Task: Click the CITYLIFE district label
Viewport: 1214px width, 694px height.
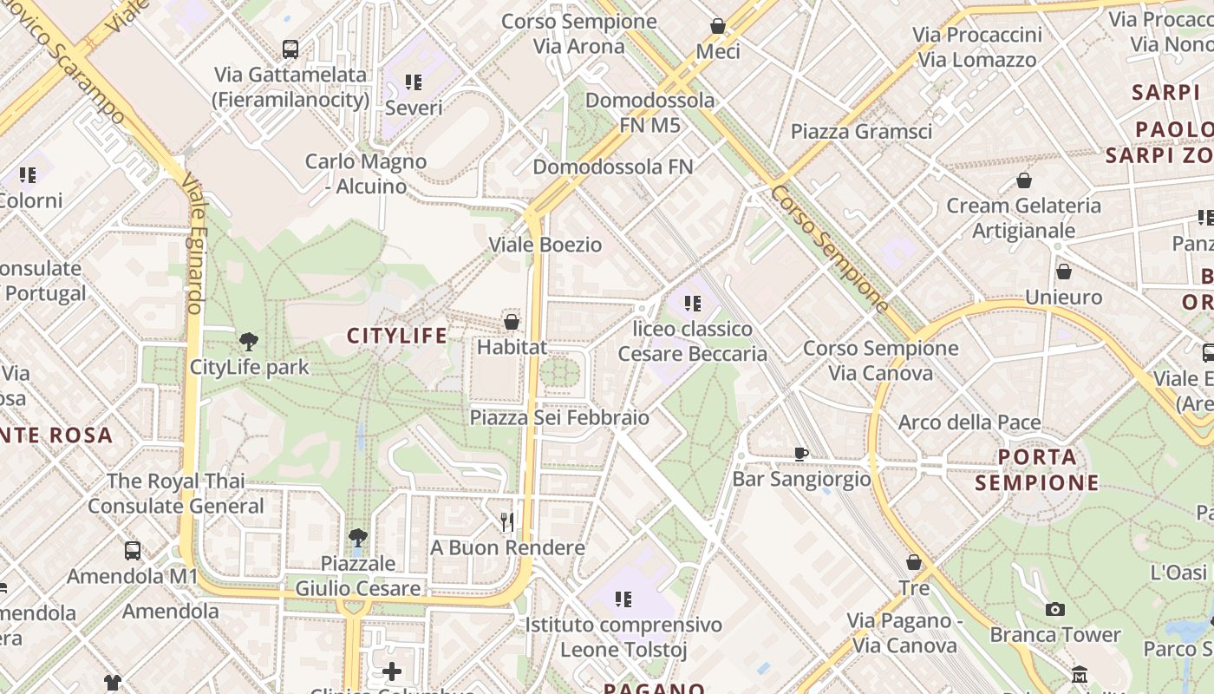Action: pyautogui.click(x=397, y=336)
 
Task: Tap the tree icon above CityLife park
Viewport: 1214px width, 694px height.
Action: pyautogui.click(x=249, y=341)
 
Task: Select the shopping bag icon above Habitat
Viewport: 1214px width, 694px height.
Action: pyautogui.click(x=512, y=322)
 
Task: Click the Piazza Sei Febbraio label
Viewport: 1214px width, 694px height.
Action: pyautogui.click(x=559, y=417)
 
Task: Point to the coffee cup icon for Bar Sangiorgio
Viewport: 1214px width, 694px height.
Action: pyautogui.click(x=801, y=453)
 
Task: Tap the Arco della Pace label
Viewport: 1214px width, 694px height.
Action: pyautogui.click(x=969, y=422)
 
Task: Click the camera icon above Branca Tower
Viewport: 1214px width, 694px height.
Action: pyautogui.click(x=1054, y=609)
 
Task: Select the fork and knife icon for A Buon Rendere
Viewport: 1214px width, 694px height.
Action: pyautogui.click(x=507, y=521)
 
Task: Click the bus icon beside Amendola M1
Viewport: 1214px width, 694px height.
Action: pyautogui.click(x=133, y=550)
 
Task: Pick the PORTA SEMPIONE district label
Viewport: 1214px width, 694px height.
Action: pyautogui.click(x=1037, y=469)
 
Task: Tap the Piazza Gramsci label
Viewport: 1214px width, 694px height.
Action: pyautogui.click(x=861, y=131)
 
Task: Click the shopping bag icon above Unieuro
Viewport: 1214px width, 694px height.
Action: pyautogui.click(x=1063, y=272)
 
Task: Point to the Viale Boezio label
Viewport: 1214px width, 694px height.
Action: pyautogui.click(x=545, y=245)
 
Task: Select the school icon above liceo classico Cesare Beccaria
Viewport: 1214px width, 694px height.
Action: pyautogui.click(x=692, y=304)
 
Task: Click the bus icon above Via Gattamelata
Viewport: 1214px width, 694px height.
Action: pyautogui.click(x=290, y=49)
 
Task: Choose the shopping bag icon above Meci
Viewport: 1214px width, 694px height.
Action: pyautogui.click(x=718, y=26)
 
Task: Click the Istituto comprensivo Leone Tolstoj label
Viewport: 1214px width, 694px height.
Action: pyautogui.click(x=623, y=637)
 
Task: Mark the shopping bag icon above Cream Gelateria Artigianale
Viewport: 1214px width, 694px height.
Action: pyautogui.click(x=1024, y=180)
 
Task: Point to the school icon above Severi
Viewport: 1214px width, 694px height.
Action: pyautogui.click(x=414, y=82)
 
